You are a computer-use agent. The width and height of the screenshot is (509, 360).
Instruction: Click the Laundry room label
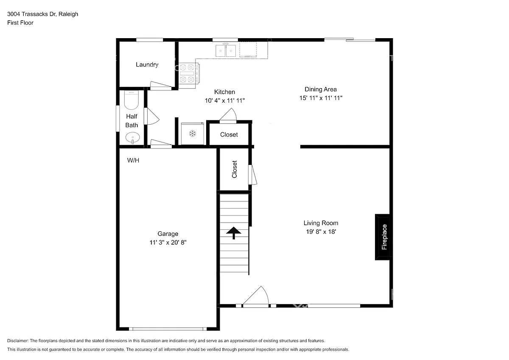point(147,65)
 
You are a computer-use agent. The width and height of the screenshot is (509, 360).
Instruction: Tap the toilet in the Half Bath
point(131,100)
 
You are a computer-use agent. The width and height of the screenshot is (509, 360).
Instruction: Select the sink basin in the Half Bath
point(133,138)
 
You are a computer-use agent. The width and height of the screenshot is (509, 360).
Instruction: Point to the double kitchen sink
point(226,50)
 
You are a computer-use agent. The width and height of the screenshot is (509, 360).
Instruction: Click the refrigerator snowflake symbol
point(193,134)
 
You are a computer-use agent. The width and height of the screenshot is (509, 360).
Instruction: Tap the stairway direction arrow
point(234,233)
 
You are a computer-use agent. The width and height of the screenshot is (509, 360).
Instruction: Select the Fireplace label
point(384,237)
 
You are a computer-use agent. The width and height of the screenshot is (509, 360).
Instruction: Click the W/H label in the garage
point(133,160)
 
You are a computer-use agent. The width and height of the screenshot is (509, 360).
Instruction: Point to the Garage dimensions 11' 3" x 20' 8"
point(168,243)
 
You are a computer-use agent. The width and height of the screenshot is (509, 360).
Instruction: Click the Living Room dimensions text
point(321,232)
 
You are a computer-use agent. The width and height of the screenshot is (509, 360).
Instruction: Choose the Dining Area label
point(321,89)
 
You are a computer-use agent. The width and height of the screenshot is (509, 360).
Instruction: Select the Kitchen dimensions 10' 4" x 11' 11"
point(225,100)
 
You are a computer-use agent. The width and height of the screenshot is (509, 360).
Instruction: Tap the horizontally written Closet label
point(229,135)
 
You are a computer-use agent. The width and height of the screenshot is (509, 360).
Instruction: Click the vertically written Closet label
point(235,169)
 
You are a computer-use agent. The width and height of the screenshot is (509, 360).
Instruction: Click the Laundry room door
point(161,85)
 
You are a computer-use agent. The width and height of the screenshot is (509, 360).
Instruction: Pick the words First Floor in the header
point(20,23)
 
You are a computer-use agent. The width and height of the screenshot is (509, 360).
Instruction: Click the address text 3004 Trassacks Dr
point(31,14)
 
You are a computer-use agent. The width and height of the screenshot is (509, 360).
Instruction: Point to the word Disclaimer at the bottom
point(18,340)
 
